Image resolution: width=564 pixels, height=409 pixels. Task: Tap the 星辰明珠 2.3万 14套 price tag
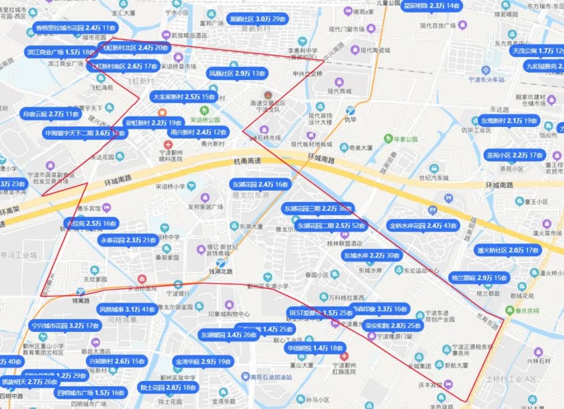tap(431, 6)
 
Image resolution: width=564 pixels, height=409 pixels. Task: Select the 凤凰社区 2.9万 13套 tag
tap(237, 74)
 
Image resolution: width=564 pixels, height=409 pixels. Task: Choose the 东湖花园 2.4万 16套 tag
tap(260, 184)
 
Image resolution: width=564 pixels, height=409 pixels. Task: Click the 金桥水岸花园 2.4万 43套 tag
tap(423, 226)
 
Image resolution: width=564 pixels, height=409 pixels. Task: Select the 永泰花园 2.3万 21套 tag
tap(129, 240)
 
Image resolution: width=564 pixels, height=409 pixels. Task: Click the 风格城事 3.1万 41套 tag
tap(127, 309)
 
